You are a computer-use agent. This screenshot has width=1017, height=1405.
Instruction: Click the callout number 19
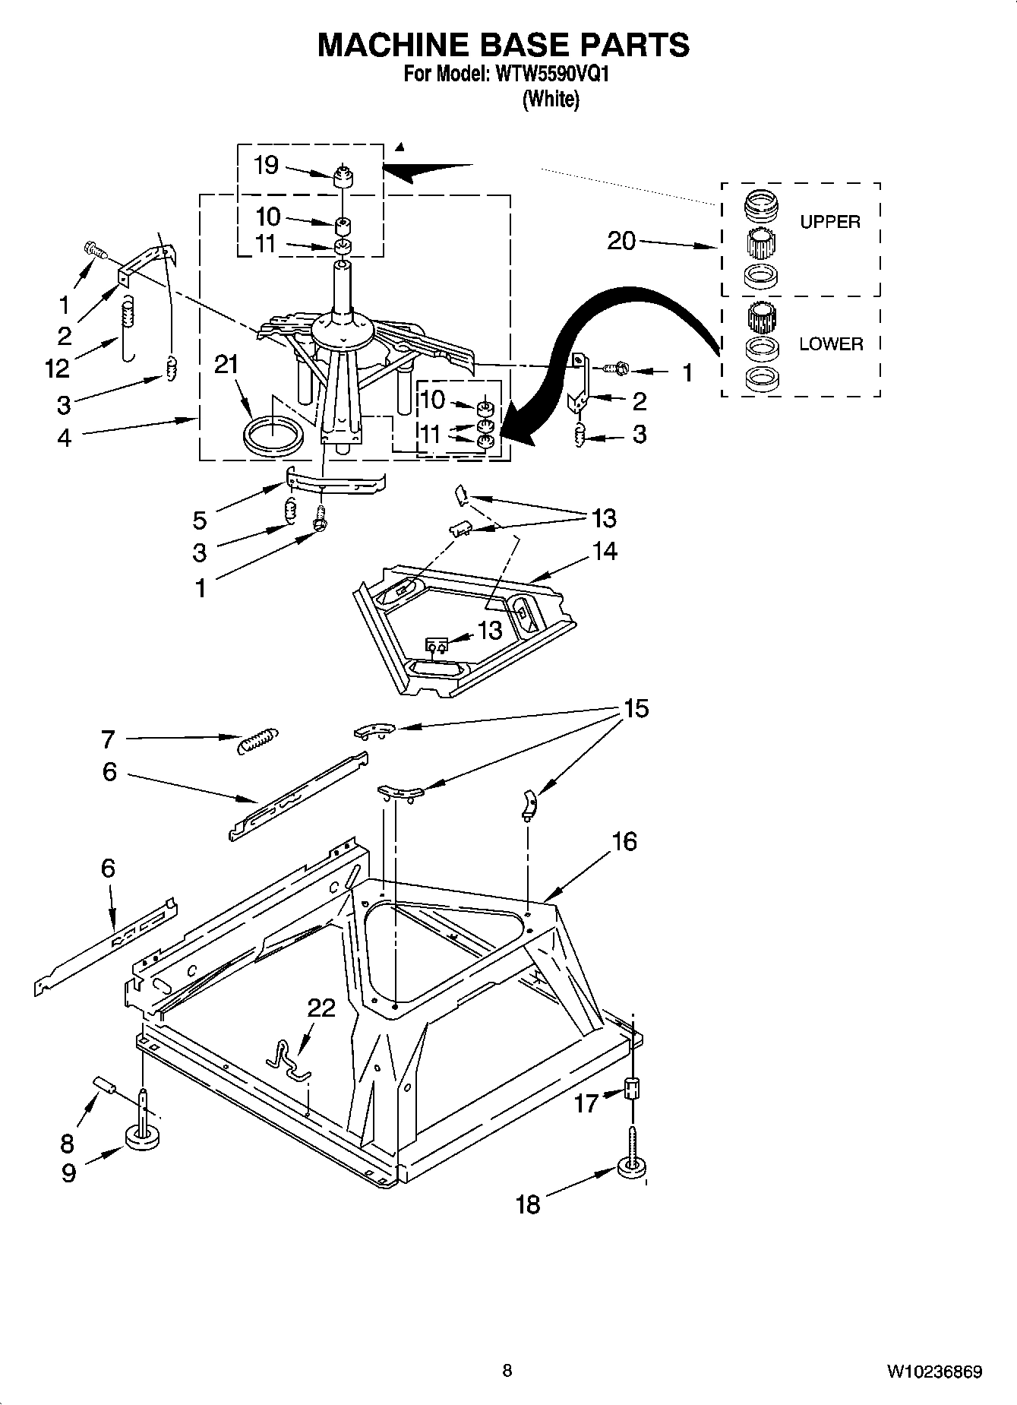pyautogui.click(x=266, y=165)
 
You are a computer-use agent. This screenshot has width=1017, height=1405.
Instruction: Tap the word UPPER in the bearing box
pyautogui.click(x=829, y=222)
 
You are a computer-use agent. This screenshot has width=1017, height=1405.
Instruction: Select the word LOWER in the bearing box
pyautogui.click(x=831, y=343)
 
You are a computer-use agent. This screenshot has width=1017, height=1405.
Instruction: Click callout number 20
pyautogui.click(x=621, y=241)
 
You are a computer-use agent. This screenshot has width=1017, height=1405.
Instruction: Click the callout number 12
pyautogui.click(x=57, y=369)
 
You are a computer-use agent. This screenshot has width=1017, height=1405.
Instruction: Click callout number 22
pyautogui.click(x=321, y=1008)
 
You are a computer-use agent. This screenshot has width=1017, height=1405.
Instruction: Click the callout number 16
pyautogui.click(x=624, y=841)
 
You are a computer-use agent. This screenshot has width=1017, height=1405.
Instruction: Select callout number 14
pyautogui.click(x=605, y=551)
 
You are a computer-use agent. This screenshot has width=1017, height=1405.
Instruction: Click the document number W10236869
pyautogui.click(x=933, y=1372)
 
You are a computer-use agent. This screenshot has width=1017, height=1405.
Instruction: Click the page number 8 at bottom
pyautogui.click(x=507, y=1370)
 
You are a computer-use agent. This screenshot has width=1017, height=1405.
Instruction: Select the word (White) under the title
pyautogui.click(x=550, y=99)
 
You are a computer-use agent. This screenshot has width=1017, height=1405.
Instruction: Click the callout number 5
pyautogui.click(x=199, y=521)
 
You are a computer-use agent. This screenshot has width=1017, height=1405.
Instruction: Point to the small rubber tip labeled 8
pyautogui.click(x=103, y=1084)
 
